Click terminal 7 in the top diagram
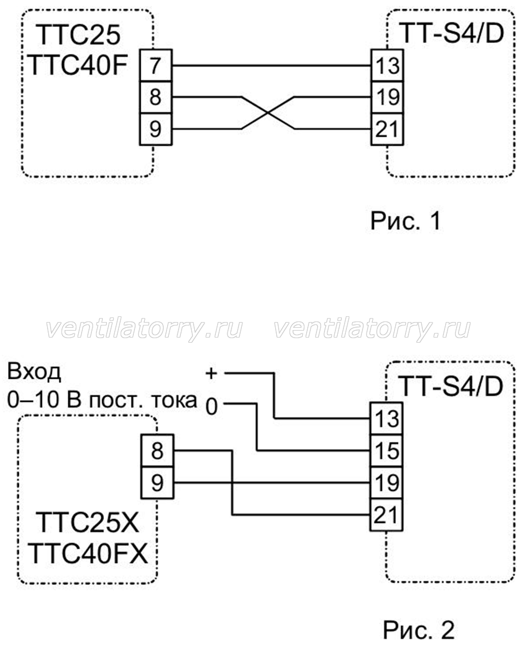click(x=156, y=65)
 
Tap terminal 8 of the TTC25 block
click(x=156, y=98)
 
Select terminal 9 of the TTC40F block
click(x=156, y=129)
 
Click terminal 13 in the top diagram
click(x=387, y=65)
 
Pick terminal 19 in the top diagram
click(x=387, y=98)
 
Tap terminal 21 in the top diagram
click(x=387, y=129)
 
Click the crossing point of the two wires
click(x=268, y=113)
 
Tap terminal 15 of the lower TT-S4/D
click(x=387, y=451)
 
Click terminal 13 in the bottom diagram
click(x=387, y=418)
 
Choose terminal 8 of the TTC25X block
click(x=157, y=451)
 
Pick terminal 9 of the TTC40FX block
click(x=157, y=482)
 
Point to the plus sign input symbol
click(x=211, y=373)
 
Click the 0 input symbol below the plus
click(x=212, y=406)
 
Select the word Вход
click(x=34, y=372)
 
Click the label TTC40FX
click(x=89, y=554)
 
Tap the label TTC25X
click(x=88, y=522)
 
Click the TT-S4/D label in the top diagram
click(x=452, y=33)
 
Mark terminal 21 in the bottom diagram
click(x=387, y=514)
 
